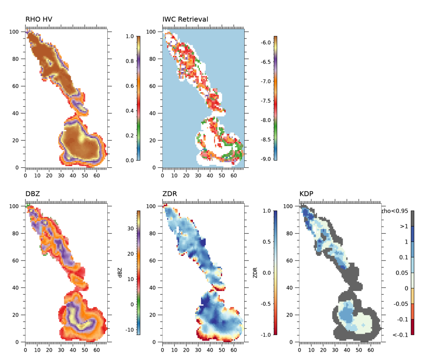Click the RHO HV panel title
pyautogui.click(x=39, y=19)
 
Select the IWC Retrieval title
pyautogui.click(x=185, y=19)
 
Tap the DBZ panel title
pyautogui.click(x=33, y=194)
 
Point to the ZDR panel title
pyautogui.click(x=170, y=194)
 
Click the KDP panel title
pyautogui.click(x=307, y=194)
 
